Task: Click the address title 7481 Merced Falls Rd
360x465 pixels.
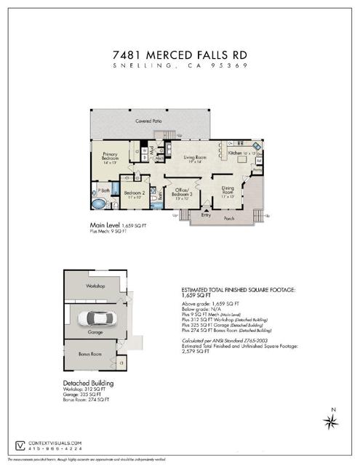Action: click(x=180, y=54)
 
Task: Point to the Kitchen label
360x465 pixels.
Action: click(x=239, y=154)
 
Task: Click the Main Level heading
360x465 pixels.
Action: click(x=105, y=225)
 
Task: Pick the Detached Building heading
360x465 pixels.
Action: click(x=89, y=382)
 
